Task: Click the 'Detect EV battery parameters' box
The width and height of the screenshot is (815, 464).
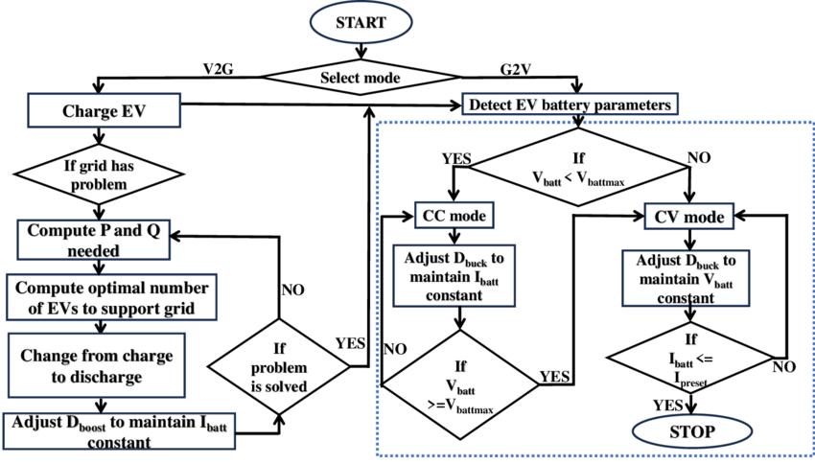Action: click(571, 103)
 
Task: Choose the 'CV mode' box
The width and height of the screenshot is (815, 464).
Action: click(688, 216)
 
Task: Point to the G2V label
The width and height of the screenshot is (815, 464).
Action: click(518, 68)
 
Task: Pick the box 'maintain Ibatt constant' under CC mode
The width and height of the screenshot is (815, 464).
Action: click(454, 277)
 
